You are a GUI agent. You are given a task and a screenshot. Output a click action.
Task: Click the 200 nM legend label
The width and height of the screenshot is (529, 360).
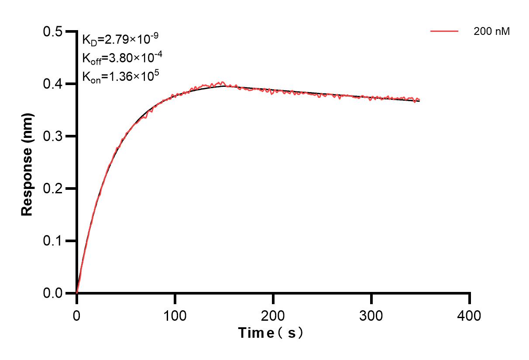tap(491, 31)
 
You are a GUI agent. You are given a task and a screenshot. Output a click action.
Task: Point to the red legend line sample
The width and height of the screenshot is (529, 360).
tap(444, 31)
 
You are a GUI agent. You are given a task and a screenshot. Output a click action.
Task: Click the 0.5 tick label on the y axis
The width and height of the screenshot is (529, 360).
tap(53, 31)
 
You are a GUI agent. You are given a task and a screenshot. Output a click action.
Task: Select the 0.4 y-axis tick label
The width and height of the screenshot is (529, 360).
tap(53, 84)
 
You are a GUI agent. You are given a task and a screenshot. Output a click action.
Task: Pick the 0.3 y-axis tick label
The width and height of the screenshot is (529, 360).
tap(53, 136)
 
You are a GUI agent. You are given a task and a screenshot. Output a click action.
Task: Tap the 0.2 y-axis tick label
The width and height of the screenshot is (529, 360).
tap(53, 189)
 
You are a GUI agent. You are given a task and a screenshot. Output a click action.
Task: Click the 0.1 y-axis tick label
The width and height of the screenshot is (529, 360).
tap(53, 241)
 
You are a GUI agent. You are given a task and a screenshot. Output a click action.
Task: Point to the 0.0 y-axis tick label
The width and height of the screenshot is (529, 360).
tap(53, 293)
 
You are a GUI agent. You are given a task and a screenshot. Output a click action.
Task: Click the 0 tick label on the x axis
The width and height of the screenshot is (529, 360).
tap(77, 315)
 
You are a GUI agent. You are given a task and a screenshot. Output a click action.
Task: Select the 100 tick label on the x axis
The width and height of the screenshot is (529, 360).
tap(175, 315)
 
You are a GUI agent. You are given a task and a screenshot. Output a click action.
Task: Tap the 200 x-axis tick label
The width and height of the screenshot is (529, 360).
tap(273, 315)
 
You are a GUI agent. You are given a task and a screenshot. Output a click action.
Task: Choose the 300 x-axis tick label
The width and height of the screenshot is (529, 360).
tap(371, 315)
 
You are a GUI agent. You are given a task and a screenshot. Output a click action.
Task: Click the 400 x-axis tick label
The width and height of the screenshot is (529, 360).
tap(470, 315)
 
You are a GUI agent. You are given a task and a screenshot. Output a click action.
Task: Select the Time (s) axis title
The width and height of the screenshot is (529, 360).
tap(271, 333)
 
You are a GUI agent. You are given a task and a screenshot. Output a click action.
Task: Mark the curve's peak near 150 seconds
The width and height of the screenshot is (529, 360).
tap(223, 82)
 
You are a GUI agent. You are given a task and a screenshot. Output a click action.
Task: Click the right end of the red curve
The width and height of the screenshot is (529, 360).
tap(419, 99)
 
